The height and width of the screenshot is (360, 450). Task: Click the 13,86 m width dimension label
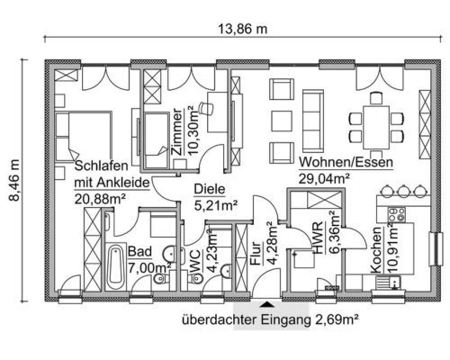(242, 29)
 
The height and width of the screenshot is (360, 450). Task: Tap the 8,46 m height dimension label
(14, 180)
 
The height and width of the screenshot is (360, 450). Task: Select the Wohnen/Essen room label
(346, 162)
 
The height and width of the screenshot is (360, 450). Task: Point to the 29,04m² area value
(324, 179)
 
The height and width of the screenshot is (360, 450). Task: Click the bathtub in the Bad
(115, 267)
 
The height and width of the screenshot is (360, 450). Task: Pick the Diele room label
(210, 189)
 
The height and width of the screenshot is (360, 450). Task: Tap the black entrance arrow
(266, 304)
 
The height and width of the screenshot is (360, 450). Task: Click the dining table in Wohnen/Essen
(376, 128)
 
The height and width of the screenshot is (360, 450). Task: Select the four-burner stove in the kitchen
(396, 214)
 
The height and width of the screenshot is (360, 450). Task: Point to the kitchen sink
(388, 283)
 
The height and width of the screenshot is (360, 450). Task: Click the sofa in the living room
(313, 121)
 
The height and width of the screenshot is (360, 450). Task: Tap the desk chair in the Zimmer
(206, 108)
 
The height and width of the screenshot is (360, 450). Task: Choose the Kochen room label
(376, 250)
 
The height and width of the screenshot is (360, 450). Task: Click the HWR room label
(318, 238)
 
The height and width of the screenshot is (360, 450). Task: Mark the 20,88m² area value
(100, 199)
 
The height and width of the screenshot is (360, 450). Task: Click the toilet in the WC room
(195, 278)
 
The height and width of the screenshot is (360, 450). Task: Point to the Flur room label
(256, 254)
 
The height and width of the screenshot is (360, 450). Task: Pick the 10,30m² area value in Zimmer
(193, 130)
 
